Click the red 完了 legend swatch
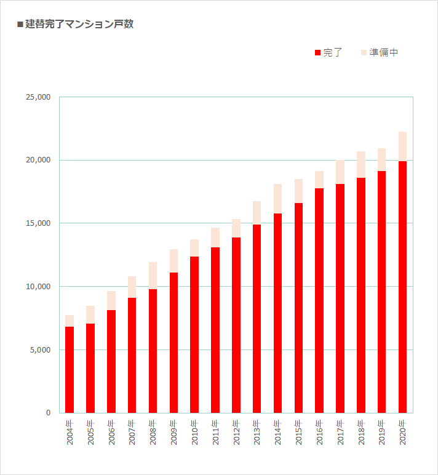click(317, 53)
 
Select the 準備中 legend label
click(384, 53)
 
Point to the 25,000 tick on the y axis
click(39, 97)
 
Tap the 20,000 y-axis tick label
click(39, 161)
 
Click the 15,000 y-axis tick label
click(39, 223)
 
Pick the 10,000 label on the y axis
click(39, 287)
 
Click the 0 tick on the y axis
click(48, 413)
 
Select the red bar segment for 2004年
click(70, 369)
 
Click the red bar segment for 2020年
click(402, 286)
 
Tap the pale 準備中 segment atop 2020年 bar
click(402, 146)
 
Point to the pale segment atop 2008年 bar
click(153, 276)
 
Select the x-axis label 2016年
click(319, 433)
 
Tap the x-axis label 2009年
click(174, 433)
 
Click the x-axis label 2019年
click(382, 433)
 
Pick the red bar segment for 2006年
click(111, 361)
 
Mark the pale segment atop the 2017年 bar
click(340, 172)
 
